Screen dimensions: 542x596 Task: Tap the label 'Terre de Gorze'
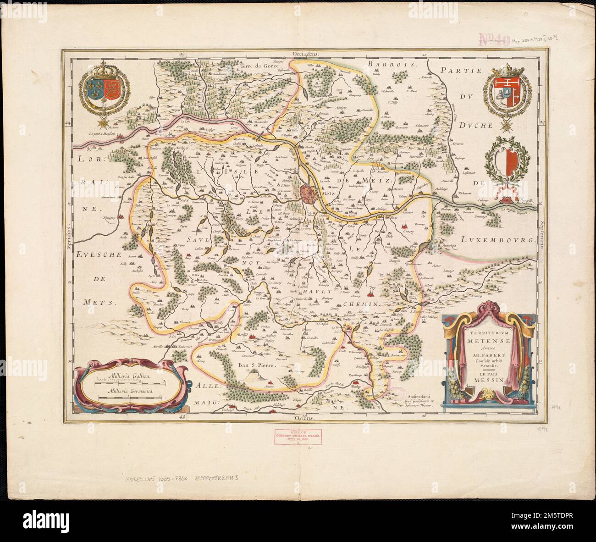[x=254, y=67]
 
